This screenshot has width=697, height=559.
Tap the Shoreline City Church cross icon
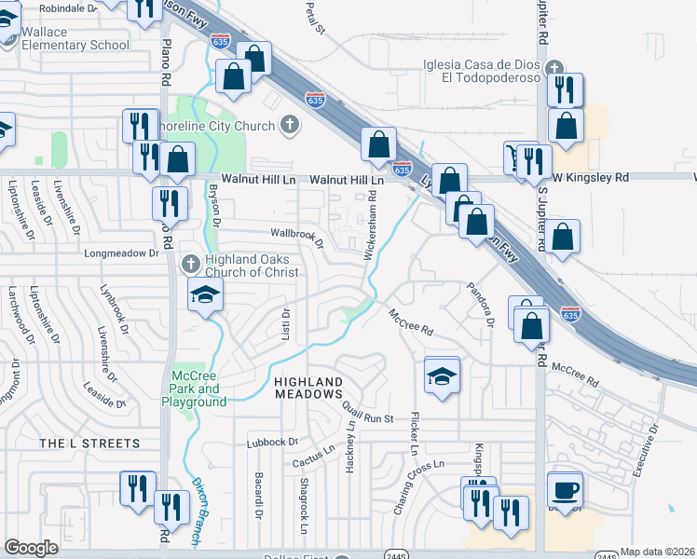tap(290, 125)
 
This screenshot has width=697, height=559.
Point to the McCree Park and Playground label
tap(195, 389)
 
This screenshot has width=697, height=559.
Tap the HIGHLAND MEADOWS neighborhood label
tap(307, 389)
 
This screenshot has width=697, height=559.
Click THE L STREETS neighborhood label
tap(89, 443)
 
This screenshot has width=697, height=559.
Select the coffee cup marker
tap(567, 489)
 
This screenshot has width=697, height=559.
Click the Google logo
tap(31, 548)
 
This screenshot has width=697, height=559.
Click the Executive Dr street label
tap(646, 452)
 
